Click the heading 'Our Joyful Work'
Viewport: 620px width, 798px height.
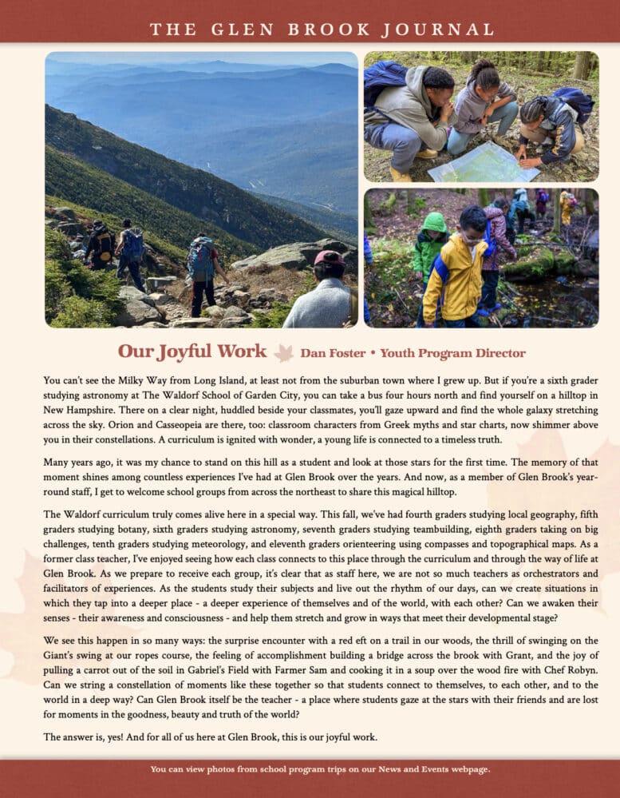[x=192, y=351]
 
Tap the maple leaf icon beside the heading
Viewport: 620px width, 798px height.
[x=283, y=352]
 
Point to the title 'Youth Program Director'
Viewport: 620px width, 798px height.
[x=452, y=353]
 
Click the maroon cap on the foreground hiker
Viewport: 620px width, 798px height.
[x=329, y=258]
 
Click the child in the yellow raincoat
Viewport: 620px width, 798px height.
[x=453, y=272]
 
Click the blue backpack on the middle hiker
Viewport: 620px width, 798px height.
[x=199, y=256]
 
